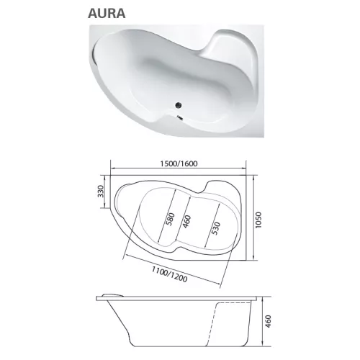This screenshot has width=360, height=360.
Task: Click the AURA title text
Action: click(x=108, y=12)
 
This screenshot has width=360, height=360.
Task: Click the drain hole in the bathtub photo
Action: click(x=177, y=109)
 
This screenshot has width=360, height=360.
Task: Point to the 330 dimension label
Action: click(x=102, y=192)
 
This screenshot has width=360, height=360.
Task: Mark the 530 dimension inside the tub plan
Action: click(x=214, y=229)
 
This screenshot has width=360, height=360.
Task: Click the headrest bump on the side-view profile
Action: click(x=112, y=295)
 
